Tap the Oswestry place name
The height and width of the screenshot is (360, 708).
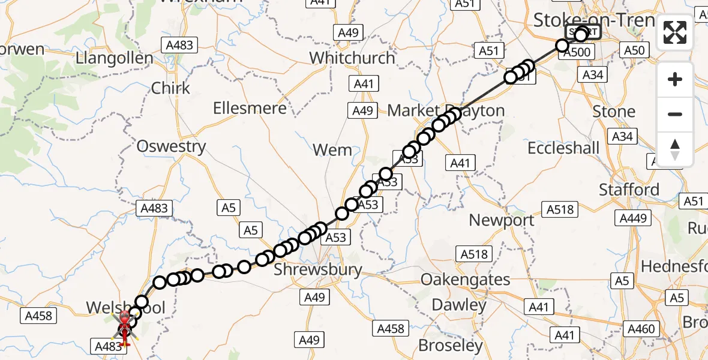(x=171, y=146)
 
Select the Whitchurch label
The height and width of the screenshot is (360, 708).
(x=352, y=58)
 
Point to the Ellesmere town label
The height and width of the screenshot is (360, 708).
(x=250, y=109)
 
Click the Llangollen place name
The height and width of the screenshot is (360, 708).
(x=114, y=59)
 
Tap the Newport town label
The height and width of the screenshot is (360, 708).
(x=502, y=220)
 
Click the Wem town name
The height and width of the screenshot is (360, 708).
(x=332, y=150)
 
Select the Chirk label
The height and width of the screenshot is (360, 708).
(x=170, y=88)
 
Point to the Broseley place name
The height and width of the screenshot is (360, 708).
(x=450, y=346)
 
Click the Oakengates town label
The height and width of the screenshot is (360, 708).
(x=466, y=280)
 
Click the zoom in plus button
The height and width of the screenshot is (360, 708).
(x=675, y=79)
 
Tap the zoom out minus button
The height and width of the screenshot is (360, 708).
(x=675, y=114)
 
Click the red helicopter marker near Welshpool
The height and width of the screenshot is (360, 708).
(x=124, y=326)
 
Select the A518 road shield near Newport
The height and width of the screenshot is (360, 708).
(x=560, y=209)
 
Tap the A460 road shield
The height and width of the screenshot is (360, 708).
(x=640, y=328)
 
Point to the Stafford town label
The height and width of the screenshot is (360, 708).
(x=629, y=190)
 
